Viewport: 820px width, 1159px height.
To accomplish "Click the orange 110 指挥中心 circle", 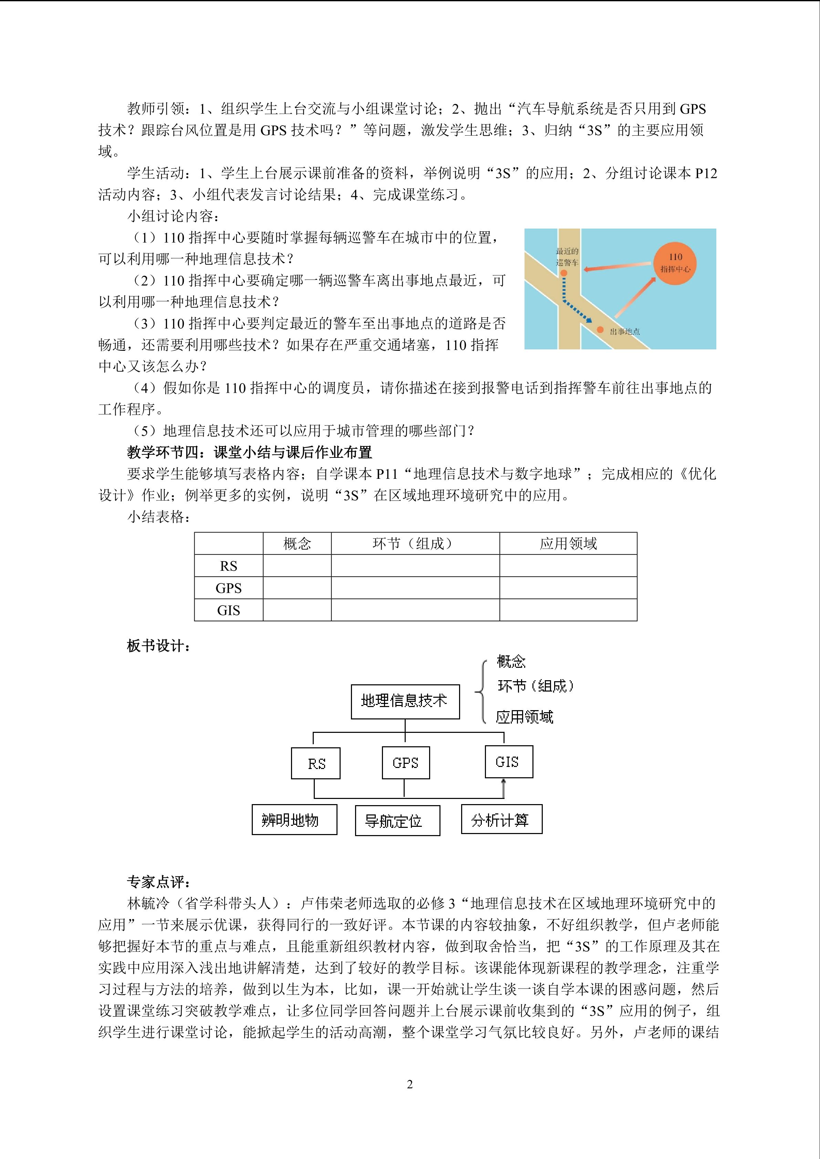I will [x=675, y=263].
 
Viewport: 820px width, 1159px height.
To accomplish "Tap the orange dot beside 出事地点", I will [x=600, y=330].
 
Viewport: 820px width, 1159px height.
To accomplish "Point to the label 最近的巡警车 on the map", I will [x=567, y=256].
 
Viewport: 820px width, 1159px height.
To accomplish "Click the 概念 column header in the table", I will [x=297, y=544].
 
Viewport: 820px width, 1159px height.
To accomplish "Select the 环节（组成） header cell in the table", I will [x=415, y=544].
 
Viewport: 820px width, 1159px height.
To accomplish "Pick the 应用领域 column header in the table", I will [x=568, y=544].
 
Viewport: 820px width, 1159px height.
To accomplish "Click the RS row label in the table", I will [x=228, y=566].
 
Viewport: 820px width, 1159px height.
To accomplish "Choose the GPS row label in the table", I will [x=228, y=588].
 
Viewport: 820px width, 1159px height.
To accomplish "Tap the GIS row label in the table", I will [x=228, y=610].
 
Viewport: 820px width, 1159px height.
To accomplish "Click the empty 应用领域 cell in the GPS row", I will [x=568, y=588].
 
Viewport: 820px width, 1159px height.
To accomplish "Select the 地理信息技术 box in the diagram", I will [x=405, y=701].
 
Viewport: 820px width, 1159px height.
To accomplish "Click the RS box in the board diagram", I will [x=315, y=764].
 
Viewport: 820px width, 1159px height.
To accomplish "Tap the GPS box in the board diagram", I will [x=405, y=763].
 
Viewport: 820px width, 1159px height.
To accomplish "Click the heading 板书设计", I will [x=158, y=646].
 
